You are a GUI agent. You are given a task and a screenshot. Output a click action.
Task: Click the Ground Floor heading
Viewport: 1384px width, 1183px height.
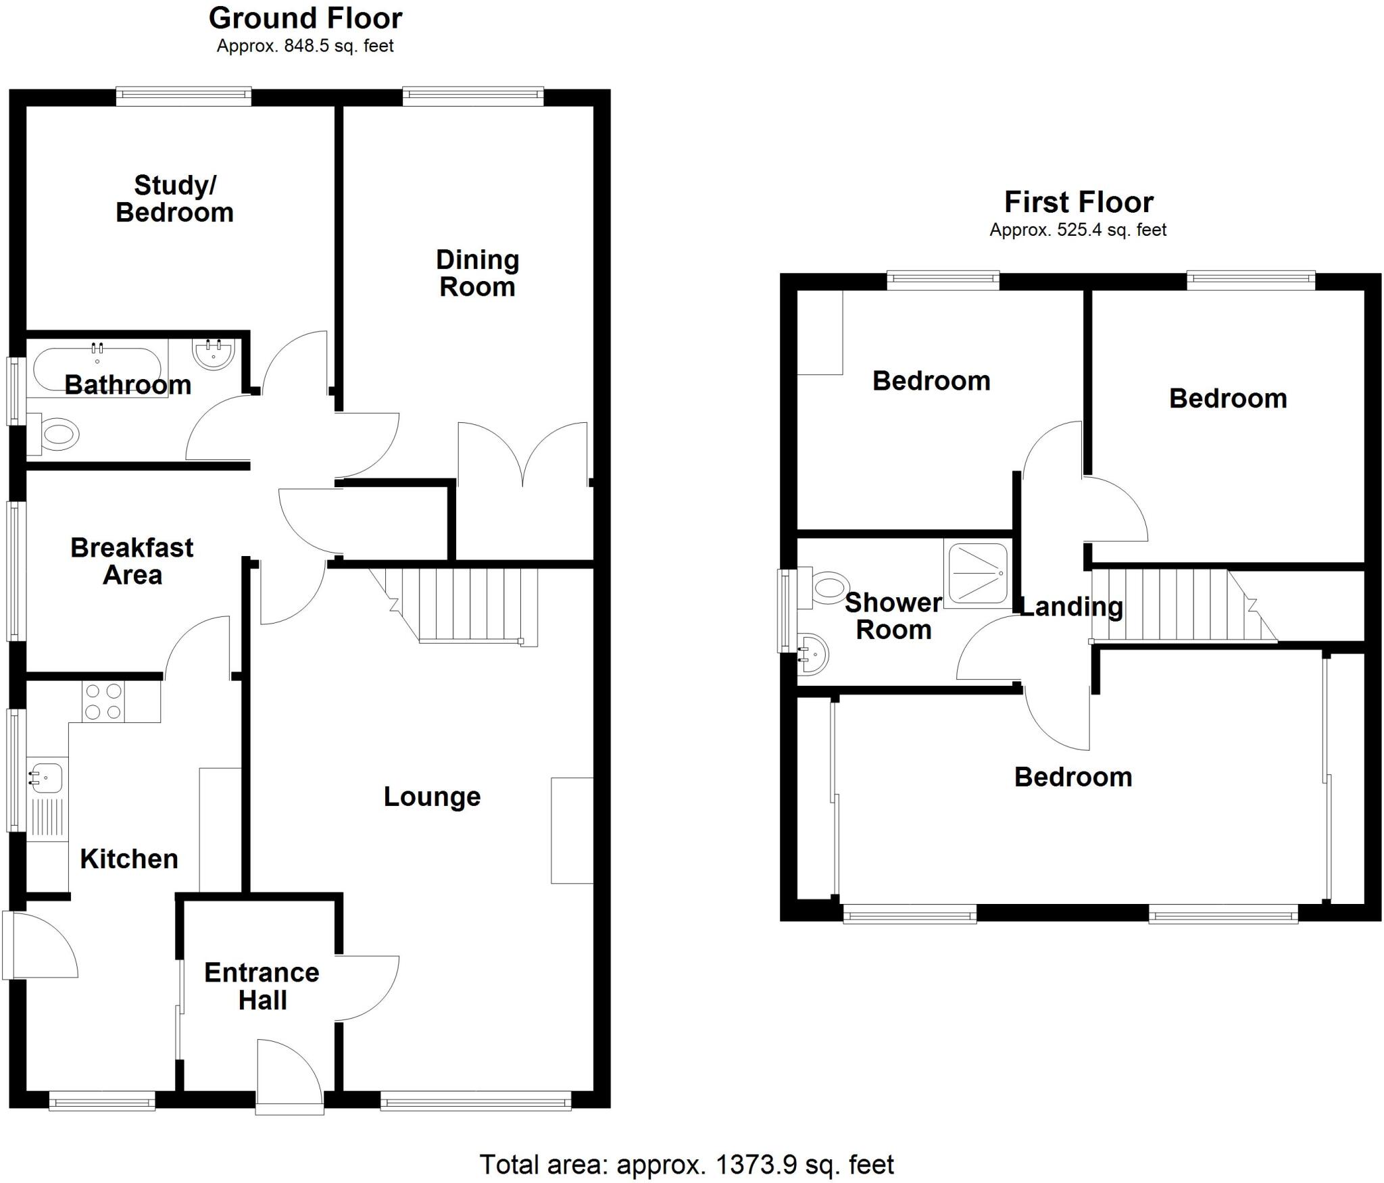(x=305, y=19)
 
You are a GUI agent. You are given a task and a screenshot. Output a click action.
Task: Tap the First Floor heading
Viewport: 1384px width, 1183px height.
(x=1079, y=202)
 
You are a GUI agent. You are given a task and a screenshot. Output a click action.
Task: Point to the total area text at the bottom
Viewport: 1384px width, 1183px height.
(x=687, y=1165)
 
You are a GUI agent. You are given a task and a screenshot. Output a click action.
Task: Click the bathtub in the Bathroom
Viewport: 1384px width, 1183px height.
(x=97, y=370)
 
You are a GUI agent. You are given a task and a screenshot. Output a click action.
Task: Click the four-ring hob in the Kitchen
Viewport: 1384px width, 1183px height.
(x=103, y=702)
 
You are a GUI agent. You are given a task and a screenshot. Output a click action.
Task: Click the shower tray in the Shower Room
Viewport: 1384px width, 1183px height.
(x=978, y=573)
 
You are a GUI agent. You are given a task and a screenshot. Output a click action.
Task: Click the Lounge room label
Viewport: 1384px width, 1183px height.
(x=432, y=797)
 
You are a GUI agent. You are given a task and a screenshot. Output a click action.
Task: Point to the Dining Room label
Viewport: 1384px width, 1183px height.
(x=477, y=273)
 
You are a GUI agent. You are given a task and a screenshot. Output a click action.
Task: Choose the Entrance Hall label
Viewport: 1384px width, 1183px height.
(x=262, y=986)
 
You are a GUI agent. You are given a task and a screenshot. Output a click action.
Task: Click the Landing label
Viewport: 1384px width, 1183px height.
(x=1071, y=607)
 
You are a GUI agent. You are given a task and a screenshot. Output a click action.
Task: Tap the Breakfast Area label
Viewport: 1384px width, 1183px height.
(x=132, y=561)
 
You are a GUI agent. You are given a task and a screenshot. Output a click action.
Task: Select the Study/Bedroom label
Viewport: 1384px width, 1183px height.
(x=174, y=199)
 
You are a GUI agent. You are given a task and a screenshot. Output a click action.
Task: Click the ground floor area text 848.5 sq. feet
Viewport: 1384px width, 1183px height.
(x=305, y=46)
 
